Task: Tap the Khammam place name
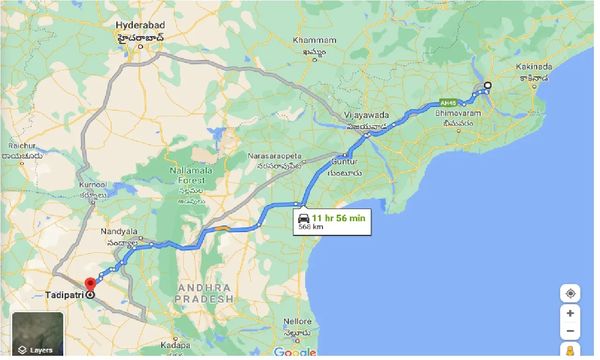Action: click(x=315, y=40)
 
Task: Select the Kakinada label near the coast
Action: click(x=534, y=67)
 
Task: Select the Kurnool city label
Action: click(x=93, y=186)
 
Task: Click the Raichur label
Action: click(x=22, y=146)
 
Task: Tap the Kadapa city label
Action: click(x=175, y=345)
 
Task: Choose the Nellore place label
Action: click(x=297, y=322)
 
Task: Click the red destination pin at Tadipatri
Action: click(x=90, y=284)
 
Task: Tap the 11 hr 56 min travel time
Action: click(x=338, y=218)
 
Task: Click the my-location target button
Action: click(x=570, y=293)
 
